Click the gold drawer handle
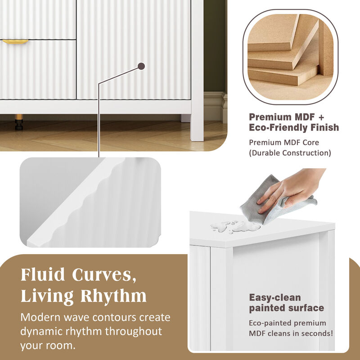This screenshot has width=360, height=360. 15,41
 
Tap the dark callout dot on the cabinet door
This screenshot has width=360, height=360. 141,66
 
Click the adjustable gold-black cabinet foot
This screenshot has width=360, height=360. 19,122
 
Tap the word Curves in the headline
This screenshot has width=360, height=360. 105,274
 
